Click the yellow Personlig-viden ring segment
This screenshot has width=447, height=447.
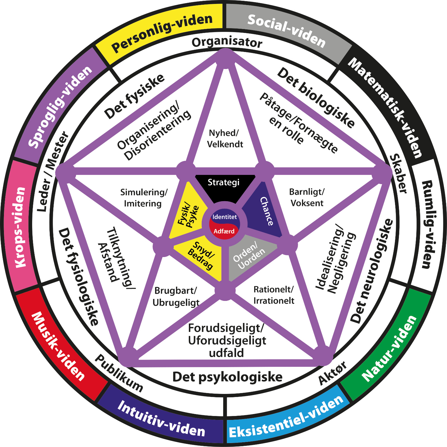click(162, 32)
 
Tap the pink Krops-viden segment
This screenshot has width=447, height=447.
click(21, 226)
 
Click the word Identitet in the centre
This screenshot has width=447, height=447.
click(224, 217)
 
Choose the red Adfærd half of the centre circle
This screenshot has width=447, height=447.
click(224, 231)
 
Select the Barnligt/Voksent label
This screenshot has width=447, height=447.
click(307, 197)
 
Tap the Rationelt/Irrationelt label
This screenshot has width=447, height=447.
click(274, 295)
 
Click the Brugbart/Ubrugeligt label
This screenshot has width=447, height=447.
click(176, 296)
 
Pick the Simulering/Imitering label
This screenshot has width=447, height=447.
click(143, 198)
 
